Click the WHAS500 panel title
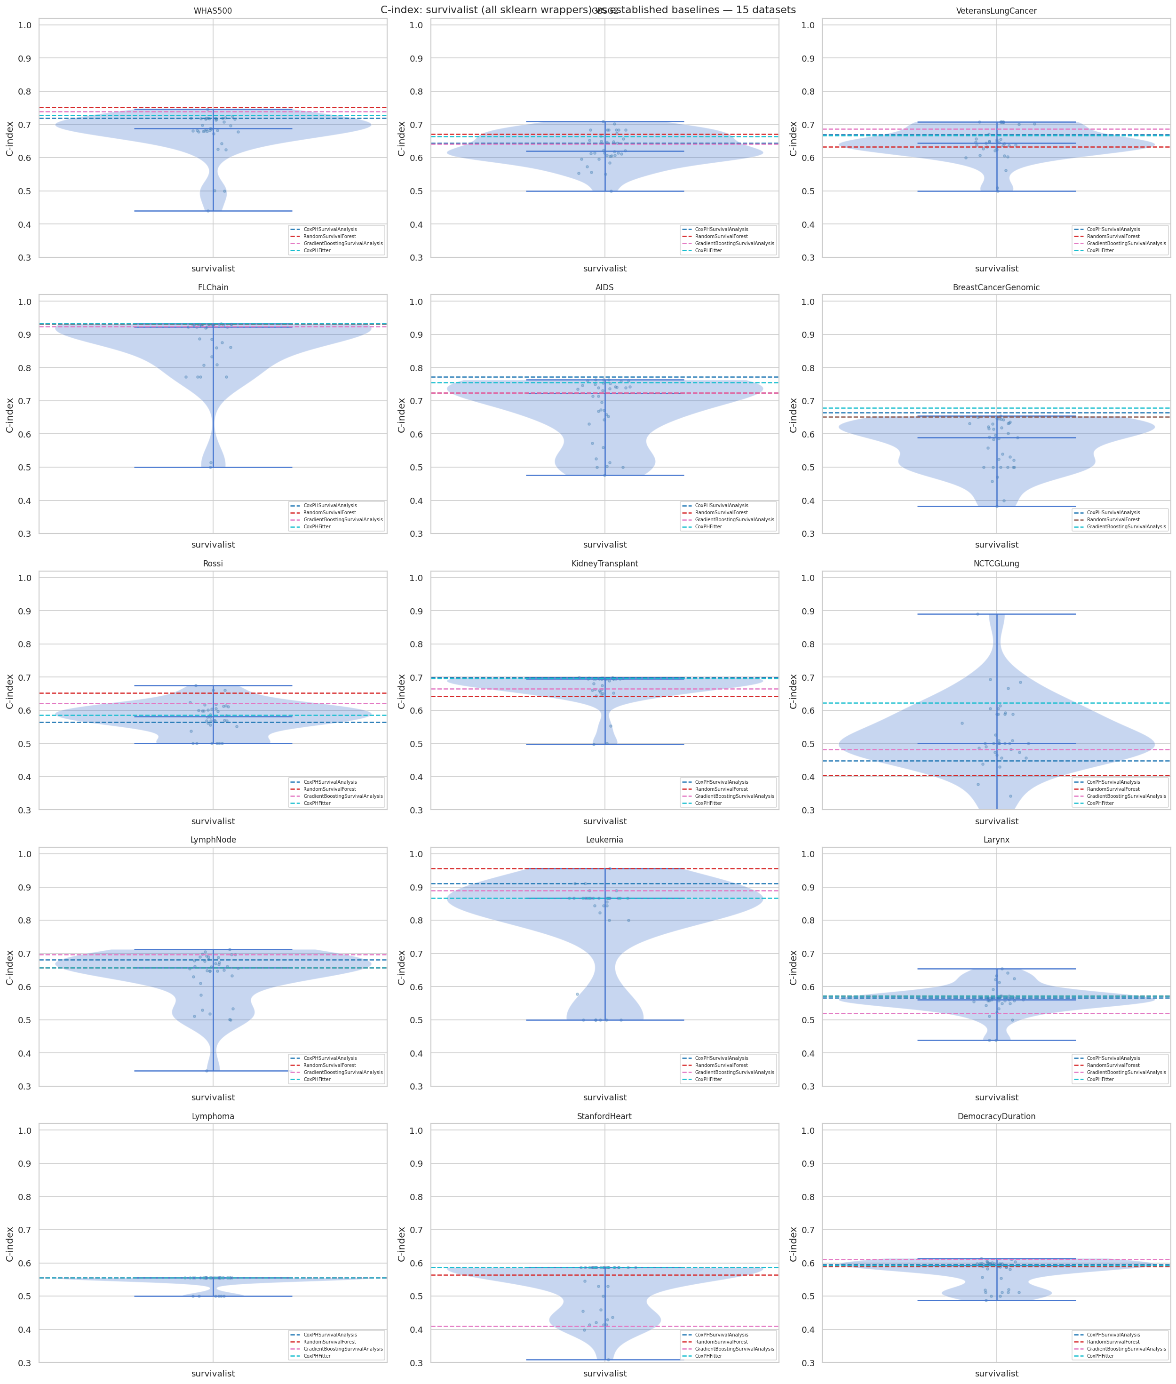213,11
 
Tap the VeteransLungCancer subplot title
996,11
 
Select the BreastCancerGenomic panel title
996,287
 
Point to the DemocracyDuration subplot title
996,1116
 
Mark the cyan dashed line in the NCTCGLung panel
866,703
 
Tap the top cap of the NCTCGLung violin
996,614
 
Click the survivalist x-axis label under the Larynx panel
996,1098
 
